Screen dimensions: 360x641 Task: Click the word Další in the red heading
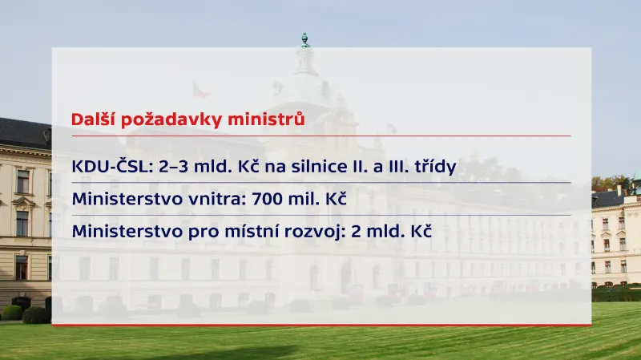pyautogui.click(x=91, y=119)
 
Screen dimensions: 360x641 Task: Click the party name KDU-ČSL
pyautogui.click(x=107, y=167)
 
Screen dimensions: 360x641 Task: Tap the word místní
pyautogui.click(x=259, y=231)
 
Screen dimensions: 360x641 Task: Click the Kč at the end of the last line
pyautogui.click(x=421, y=231)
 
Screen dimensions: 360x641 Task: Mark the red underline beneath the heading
pyautogui.click(x=320, y=136)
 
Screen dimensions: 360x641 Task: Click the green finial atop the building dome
pyautogui.click(x=304, y=38)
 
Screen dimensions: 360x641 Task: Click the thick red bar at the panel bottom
pyautogui.click(x=320, y=325)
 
